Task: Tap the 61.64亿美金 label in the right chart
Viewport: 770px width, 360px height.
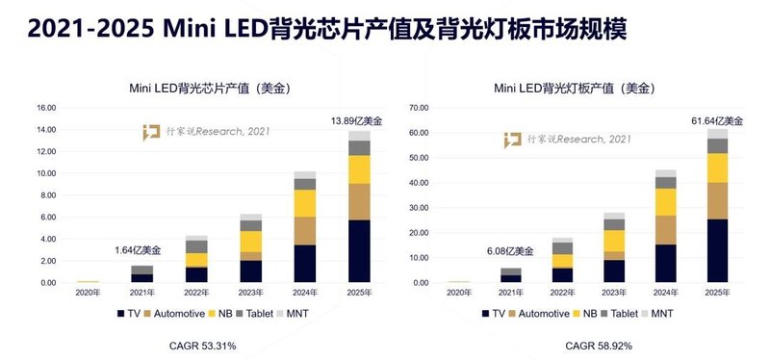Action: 716,120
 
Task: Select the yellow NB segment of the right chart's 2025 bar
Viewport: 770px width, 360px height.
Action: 716,167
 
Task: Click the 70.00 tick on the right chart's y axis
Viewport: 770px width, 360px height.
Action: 416,108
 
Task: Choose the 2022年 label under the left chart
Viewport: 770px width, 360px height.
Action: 196,293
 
